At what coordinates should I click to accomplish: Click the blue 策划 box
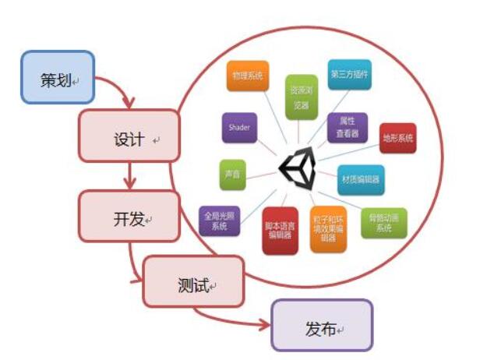(x=57, y=78)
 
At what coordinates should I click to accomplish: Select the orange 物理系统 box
(x=247, y=76)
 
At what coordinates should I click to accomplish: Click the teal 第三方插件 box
(x=349, y=76)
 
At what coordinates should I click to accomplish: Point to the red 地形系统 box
(x=397, y=138)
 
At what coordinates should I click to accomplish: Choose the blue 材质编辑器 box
(x=361, y=179)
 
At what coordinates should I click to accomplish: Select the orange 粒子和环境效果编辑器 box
(x=329, y=228)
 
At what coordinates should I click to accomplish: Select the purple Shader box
(x=240, y=126)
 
